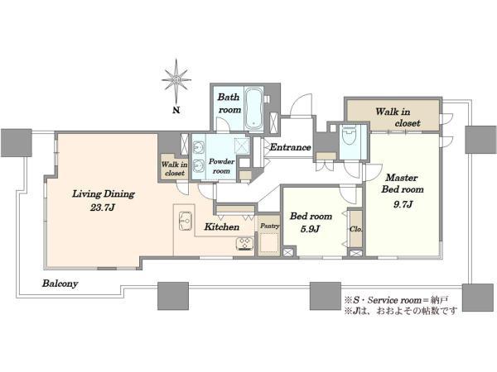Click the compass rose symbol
[176, 79]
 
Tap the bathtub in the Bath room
[254, 109]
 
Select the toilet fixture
[350, 136]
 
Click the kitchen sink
[186, 221]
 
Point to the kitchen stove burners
[244, 244]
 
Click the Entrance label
[290, 147]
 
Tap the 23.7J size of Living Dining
[103, 207]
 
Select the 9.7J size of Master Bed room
[403, 204]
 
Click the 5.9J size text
[310, 229]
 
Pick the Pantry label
[270, 226]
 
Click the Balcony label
[60, 284]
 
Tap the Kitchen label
[221, 227]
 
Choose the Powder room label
[221, 166]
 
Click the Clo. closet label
[356, 229]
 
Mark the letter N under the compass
[176, 110]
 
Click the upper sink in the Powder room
[199, 147]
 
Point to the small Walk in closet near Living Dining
[175, 169]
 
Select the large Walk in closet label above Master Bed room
[398, 117]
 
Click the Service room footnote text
[396, 299]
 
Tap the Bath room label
[229, 103]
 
